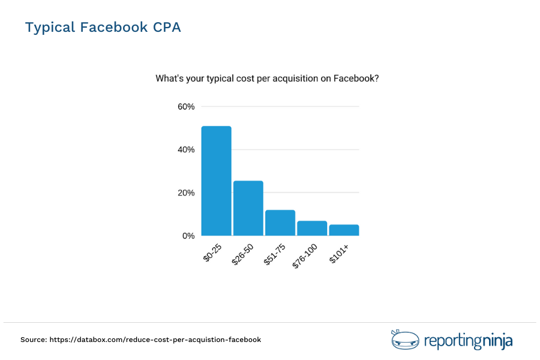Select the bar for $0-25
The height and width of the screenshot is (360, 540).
pyautogui.click(x=216, y=181)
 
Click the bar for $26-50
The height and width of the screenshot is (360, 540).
pyautogui.click(x=248, y=208)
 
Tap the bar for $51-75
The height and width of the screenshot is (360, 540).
pyautogui.click(x=280, y=223)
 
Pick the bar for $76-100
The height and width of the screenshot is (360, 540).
pyautogui.click(x=311, y=228)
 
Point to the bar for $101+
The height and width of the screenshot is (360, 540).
pyautogui.click(x=343, y=230)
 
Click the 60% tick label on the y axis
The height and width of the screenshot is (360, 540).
pyautogui.click(x=186, y=107)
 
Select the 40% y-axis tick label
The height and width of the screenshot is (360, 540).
pyautogui.click(x=186, y=150)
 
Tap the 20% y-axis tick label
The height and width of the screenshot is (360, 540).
pyautogui.click(x=186, y=193)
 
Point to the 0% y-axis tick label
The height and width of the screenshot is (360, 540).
pyautogui.click(x=188, y=236)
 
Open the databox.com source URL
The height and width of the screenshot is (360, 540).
pyautogui.click(x=155, y=340)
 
